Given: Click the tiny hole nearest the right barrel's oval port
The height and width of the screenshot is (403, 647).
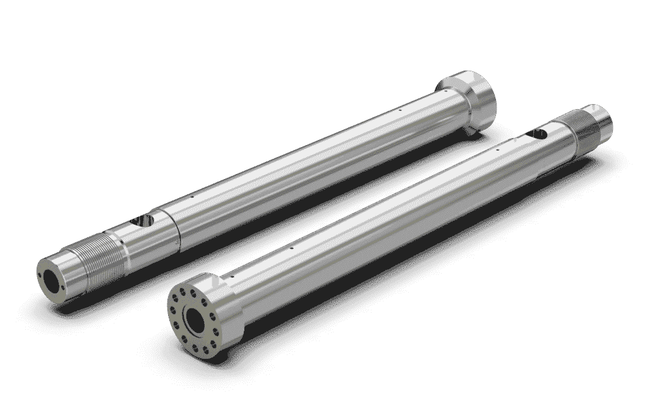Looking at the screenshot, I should coord(499,149).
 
